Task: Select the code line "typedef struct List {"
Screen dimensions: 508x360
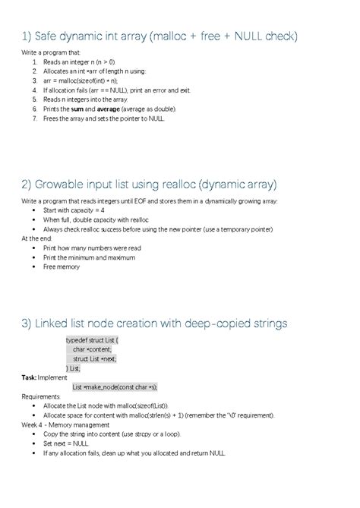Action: pyautogui.click(x=93, y=341)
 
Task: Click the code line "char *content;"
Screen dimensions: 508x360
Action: pyautogui.click(x=92, y=350)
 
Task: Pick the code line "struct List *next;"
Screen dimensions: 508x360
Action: pyautogui.click(x=96, y=359)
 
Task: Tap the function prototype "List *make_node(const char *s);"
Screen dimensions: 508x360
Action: pyautogui.click(x=115, y=387)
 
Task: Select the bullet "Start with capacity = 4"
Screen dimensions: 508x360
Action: pyautogui.click(x=74, y=210)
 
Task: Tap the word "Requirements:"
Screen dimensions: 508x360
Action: pyautogui.click(x=42, y=396)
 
